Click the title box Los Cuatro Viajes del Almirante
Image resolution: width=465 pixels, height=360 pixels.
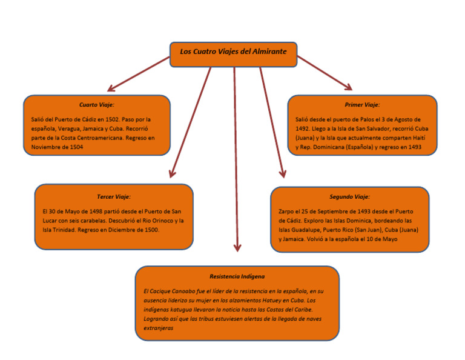(233, 53)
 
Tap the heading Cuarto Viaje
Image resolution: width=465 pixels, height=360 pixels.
(97, 105)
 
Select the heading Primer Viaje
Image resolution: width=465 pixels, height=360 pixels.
(362, 105)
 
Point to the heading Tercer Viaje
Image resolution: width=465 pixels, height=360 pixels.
(114, 197)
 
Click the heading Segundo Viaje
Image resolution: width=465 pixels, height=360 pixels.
(349, 197)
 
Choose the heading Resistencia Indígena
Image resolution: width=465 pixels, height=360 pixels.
(237, 276)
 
